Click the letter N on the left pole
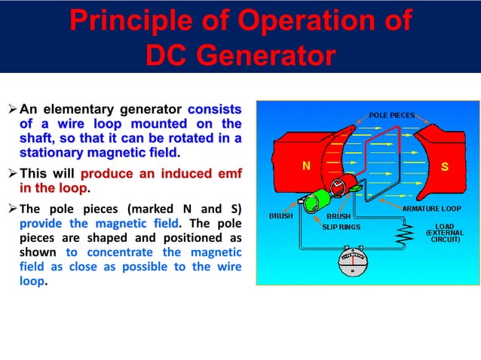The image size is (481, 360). tap(307, 167)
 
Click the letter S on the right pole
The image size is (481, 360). tap(445, 167)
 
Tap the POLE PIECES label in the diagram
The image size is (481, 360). tap(391, 115)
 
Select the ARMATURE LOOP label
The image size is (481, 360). tap(431, 207)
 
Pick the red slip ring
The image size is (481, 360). tap(336, 188)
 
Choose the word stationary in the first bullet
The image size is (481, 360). tap(51, 153)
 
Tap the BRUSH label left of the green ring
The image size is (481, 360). tap(282, 216)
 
